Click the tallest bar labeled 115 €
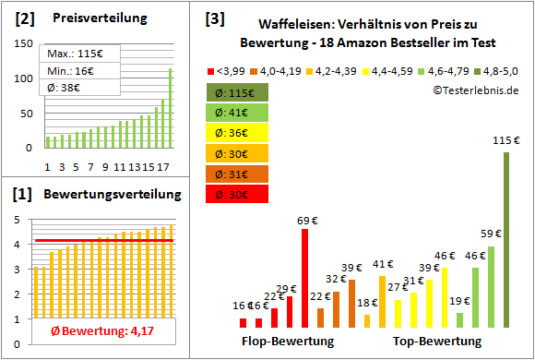point(506,240)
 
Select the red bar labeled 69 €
point(304,278)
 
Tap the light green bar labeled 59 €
point(491,286)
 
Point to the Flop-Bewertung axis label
point(288,342)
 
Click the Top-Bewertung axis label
point(437,342)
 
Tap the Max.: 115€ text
point(69,53)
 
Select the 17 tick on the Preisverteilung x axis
point(162,167)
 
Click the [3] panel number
point(214,18)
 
